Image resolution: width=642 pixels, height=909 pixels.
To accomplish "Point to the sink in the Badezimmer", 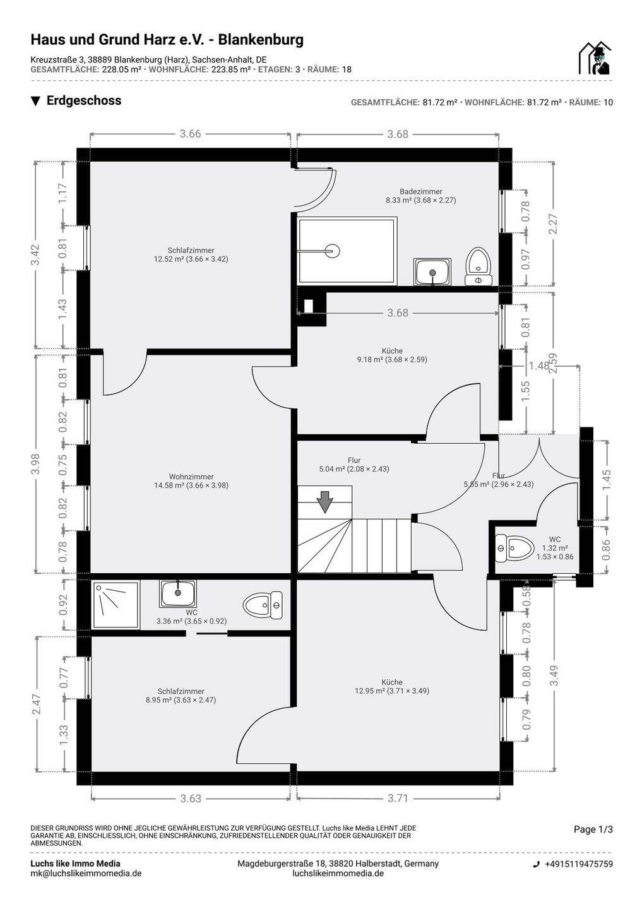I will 432,271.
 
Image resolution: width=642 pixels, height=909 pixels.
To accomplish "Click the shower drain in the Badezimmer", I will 333,251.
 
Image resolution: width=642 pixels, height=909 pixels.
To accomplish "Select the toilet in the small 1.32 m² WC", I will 513,547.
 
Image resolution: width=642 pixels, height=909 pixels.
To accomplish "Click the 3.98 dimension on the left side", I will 36,464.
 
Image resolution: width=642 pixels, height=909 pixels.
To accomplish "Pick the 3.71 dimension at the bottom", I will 398,798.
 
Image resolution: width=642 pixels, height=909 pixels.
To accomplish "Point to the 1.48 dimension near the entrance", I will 539,365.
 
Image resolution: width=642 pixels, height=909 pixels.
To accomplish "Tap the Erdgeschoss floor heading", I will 83,100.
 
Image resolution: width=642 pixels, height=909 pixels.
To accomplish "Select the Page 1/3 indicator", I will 593,829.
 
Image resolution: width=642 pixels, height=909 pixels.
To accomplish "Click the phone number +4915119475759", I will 578,864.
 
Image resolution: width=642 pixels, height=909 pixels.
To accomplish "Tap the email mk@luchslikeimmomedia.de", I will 86,873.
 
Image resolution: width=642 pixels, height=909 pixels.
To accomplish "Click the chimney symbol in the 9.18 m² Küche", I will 309,306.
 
